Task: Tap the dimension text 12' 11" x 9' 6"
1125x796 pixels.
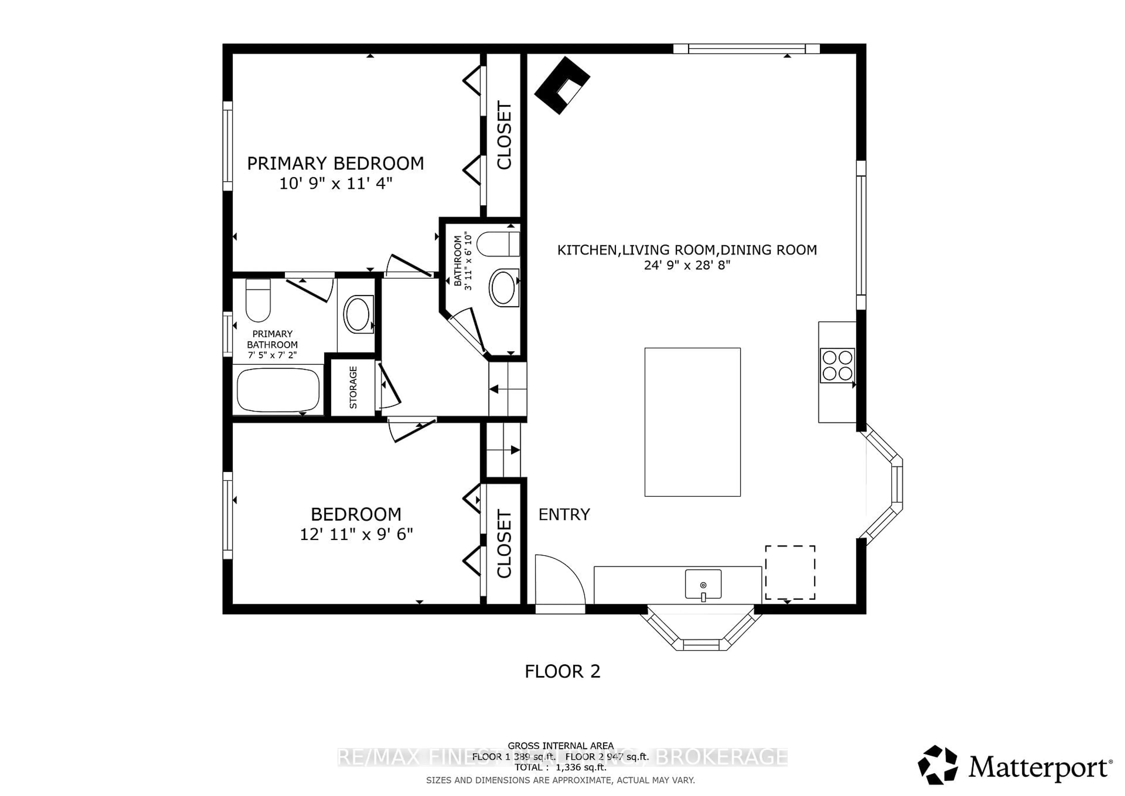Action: point(356,534)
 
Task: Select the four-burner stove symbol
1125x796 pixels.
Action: point(837,365)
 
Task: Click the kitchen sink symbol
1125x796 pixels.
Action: point(703,584)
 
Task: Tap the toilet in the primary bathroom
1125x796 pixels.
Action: point(258,300)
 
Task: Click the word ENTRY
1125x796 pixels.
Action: point(564,514)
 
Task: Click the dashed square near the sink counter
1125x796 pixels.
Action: point(790,572)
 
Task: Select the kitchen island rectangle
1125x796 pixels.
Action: point(692,422)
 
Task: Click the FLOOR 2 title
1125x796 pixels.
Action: point(562,671)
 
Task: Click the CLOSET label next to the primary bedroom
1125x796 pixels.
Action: point(504,135)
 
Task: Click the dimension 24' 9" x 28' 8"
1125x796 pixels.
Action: point(687,265)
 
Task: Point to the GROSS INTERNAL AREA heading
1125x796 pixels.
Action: point(560,746)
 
